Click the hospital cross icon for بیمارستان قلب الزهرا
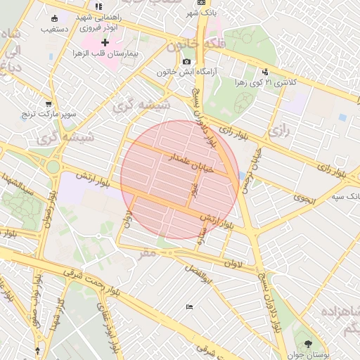[x=105, y=43]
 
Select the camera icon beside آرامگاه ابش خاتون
[x=186, y=62]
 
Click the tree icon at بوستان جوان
[x=308, y=344]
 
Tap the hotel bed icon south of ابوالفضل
[x=189, y=307]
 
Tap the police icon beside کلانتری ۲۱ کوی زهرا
[x=265, y=71]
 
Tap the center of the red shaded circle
[x=180, y=180]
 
